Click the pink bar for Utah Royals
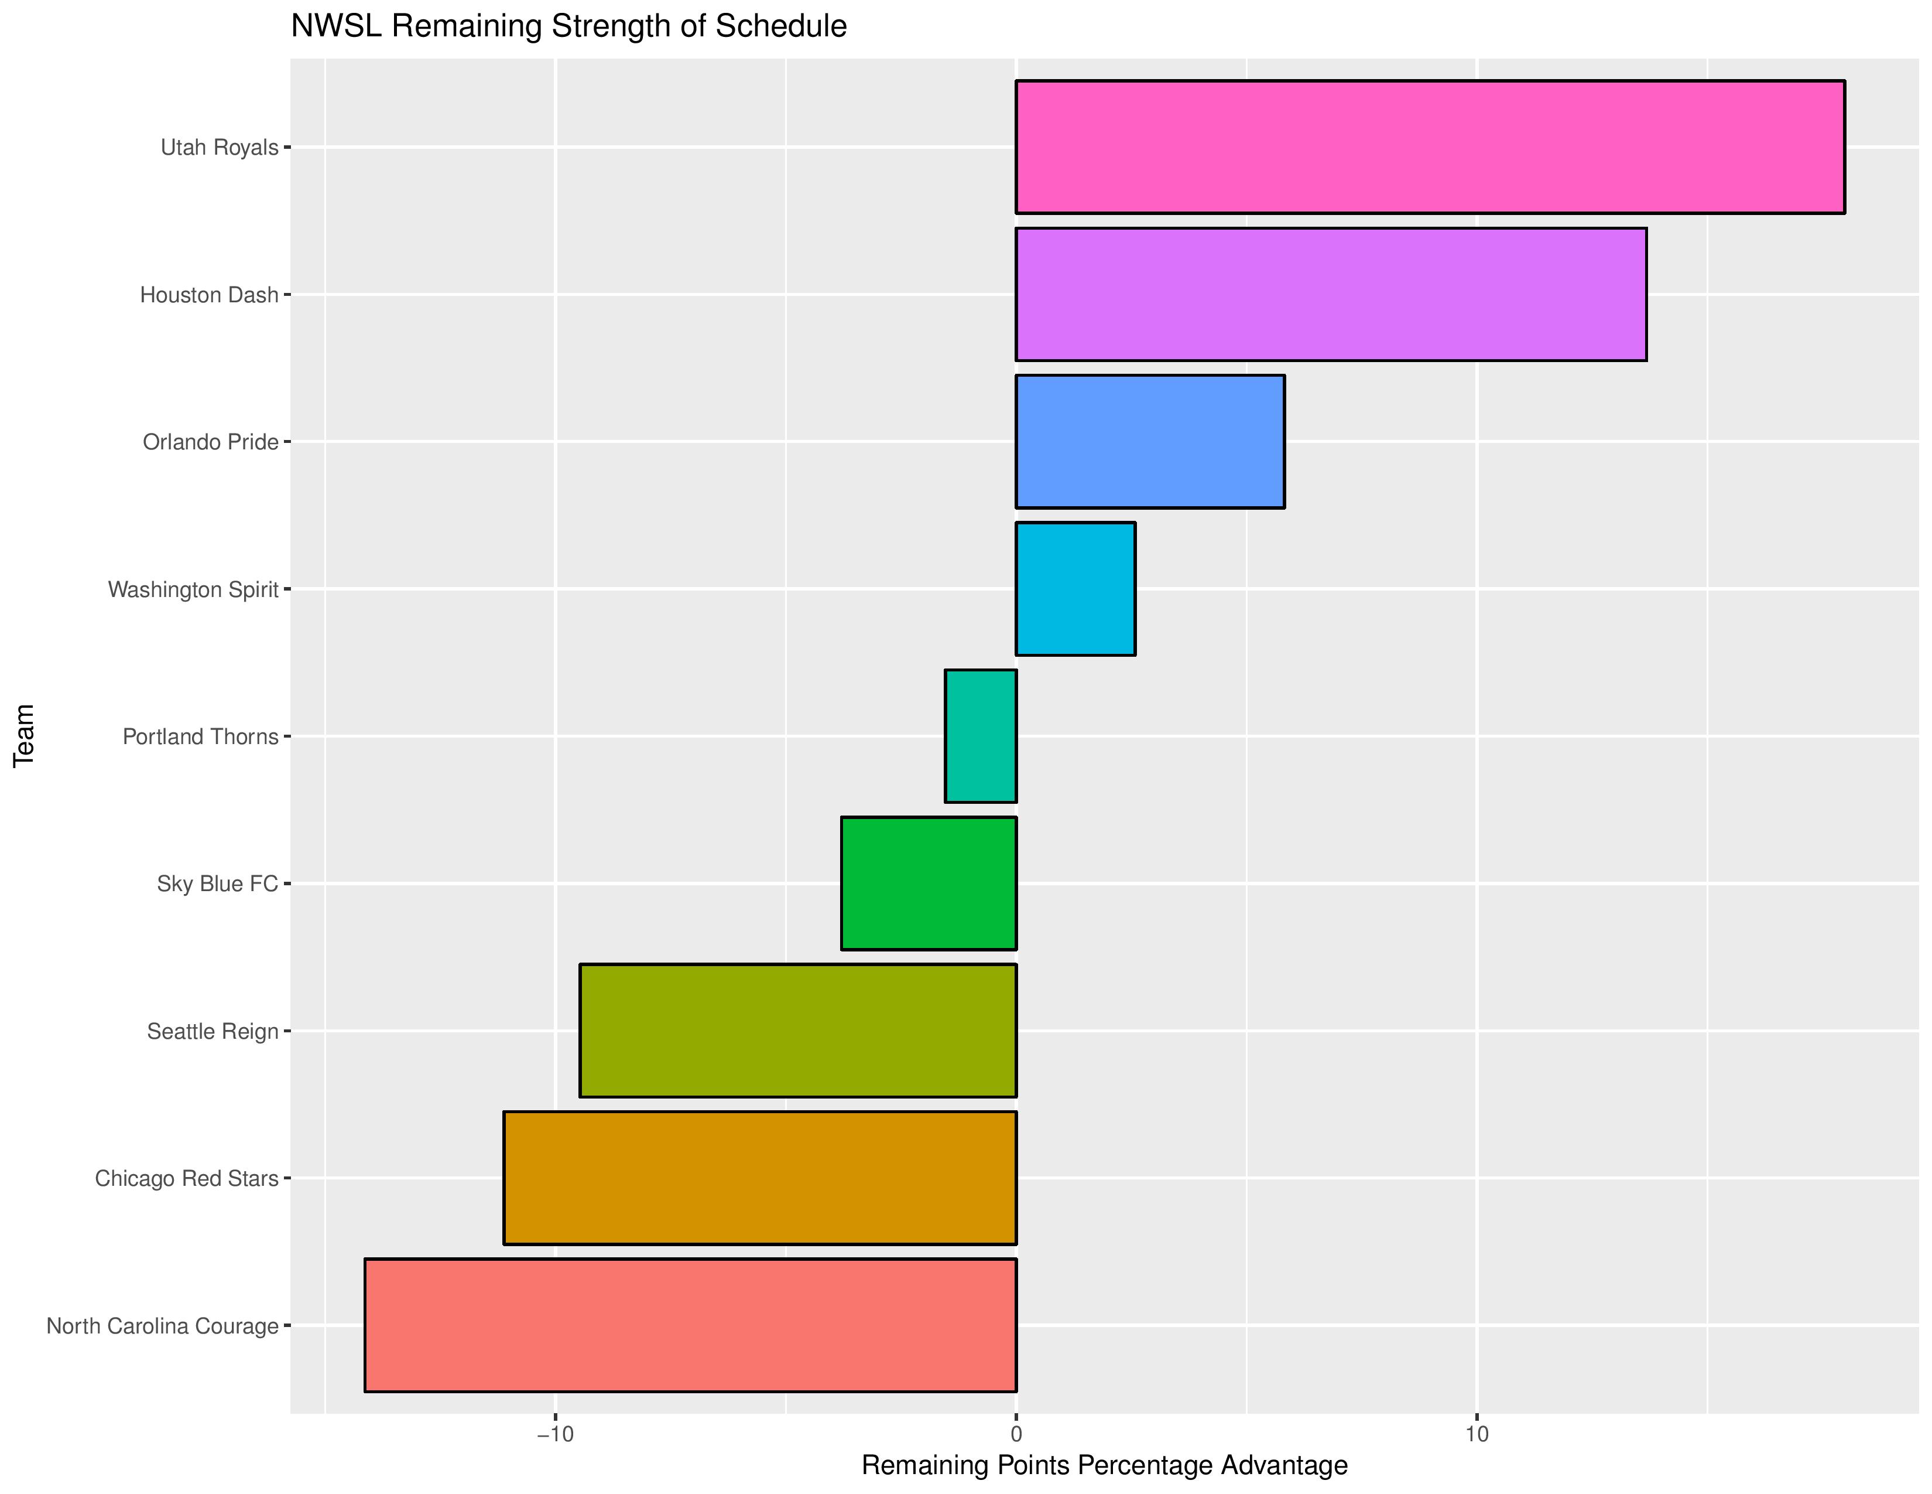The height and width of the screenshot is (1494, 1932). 1430,147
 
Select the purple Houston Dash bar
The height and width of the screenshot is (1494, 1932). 1331,294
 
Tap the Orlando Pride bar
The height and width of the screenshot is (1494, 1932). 1150,442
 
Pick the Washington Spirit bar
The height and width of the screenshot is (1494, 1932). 1075,589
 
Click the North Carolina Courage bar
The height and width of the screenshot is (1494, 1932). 690,1325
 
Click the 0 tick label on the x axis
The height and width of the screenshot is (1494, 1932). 1016,1434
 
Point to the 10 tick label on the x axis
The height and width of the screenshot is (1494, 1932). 1477,1434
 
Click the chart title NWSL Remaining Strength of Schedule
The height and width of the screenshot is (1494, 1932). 569,26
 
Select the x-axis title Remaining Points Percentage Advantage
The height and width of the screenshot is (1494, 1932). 1104,1466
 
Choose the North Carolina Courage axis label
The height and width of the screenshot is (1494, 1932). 162,1326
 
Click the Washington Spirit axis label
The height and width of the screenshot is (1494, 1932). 193,589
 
